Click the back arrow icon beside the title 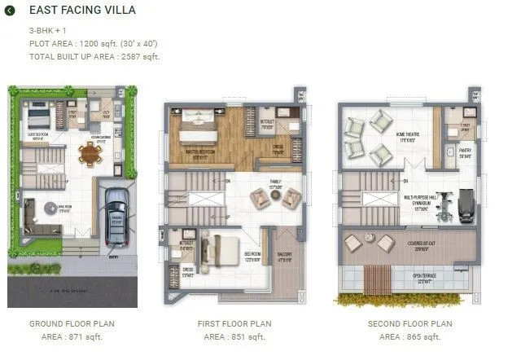10,11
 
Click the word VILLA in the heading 117,11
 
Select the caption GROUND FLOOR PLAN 72,323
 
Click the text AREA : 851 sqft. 234,336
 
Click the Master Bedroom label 200,151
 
